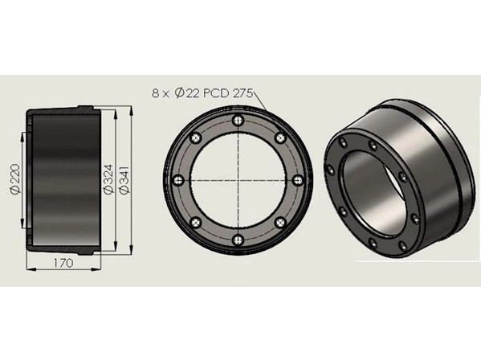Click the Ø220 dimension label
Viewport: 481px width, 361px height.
(15, 178)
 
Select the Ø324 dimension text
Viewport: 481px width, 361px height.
(108, 179)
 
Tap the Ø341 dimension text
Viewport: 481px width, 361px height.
(124, 180)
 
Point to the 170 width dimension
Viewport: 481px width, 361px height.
(63, 263)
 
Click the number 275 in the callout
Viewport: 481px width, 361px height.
(243, 92)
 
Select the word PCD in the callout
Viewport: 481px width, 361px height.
(217, 92)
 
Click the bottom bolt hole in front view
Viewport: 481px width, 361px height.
(238, 240)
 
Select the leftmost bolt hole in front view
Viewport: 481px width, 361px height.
(178, 180)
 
